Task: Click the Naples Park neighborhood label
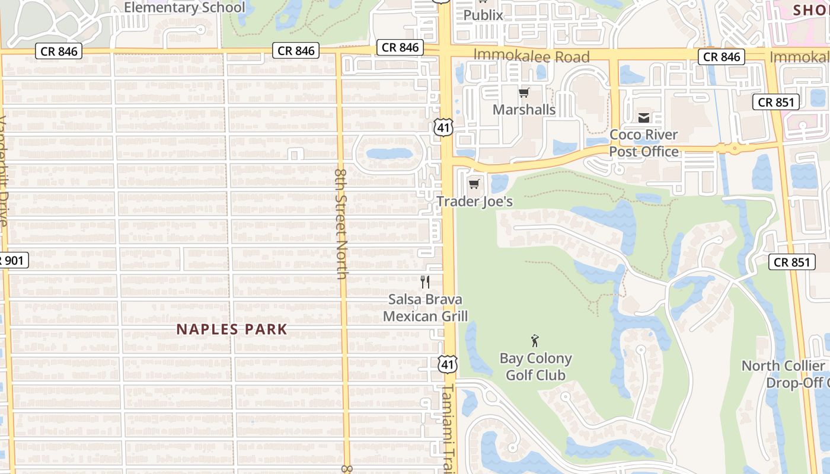pyautogui.click(x=232, y=329)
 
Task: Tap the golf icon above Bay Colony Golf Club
pyautogui.click(x=535, y=341)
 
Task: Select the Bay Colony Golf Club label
pyautogui.click(x=535, y=367)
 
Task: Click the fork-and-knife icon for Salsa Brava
pyautogui.click(x=425, y=281)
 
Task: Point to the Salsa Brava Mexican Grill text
pyautogui.click(x=425, y=308)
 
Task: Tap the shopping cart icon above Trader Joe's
pyautogui.click(x=474, y=184)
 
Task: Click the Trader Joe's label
pyautogui.click(x=475, y=201)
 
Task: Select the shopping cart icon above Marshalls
pyautogui.click(x=523, y=92)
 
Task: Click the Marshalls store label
pyautogui.click(x=524, y=110)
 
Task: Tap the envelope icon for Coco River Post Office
pyautogui.click(x=644, y=118)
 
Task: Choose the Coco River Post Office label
pyautogui.click(x=644, y=143)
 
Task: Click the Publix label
pyautogui.click(x=483, y=15)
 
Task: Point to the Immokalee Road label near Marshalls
pyautogui.click(x=531, y=57)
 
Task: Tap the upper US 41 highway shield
pyautogui.click(x=443, y=126)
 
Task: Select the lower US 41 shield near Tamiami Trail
pyautogui.click(x=448, y=364)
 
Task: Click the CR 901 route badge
pyautogui.click(x=13, y=260)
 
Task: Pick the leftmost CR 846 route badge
pyautogui.click(x=59, y=52)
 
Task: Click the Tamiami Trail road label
pyautogui.click(x=448, y=427)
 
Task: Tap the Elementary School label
pyautogui.click(x=184, y=8)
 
